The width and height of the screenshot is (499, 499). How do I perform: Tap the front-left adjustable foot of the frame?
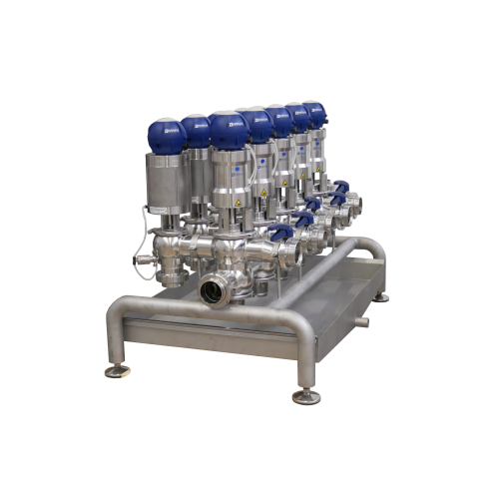point(118,371)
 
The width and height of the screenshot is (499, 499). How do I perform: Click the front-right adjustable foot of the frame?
point(306,396)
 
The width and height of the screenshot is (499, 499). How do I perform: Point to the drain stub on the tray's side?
point(361,321)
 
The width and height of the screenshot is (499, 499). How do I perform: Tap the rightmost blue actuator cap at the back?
point(314,113)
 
